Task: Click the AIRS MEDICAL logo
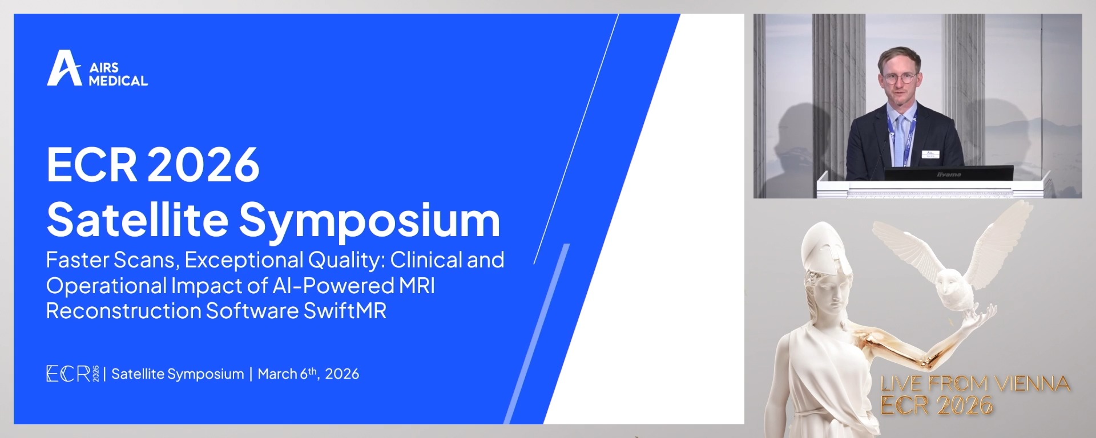[x=97, y=68]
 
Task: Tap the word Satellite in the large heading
[x=138, y=220]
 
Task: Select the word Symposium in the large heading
[x=369, y=221]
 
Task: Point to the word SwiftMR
[x=345, y=311]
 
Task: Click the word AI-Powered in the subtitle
[x=333, y=285]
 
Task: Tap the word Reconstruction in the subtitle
[x=123, y=311]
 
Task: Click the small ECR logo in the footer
[x=72, y=374]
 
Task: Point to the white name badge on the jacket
[x=930, y=154]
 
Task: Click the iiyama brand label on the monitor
[x=949, y=175]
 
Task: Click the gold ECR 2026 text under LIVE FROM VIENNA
[x=937, y=405]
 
